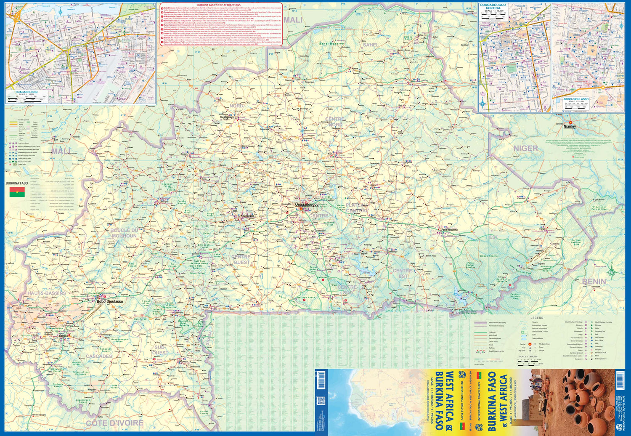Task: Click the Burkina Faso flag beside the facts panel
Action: pyautogui.click(x=17, y=192)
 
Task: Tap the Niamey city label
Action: pyautogui.click(x=570, y=126)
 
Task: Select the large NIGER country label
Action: pyautogui.click(x=525, y=148)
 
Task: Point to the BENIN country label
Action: pyautogui.click(x=594, y=281)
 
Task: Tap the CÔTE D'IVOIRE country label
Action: pyautogui.click(x=114, y=423)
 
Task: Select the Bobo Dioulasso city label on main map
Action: pyautogui.click(x=110, y=301)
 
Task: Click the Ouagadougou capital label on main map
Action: pyautogui.click(x=307, y=205)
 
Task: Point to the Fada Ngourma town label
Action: pyautogui.click(x=449, y=230)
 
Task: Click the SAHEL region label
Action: pyautogui.click(x=371, y=45)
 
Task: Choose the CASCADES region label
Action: pyautogui.click(x=99, y=356)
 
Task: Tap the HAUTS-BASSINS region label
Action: pyautogui.click(x=47, y=293)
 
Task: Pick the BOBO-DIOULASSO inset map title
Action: pyautogui.click(x=576, y=99)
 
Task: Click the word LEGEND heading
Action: pyautogui.click(x=537, y=318)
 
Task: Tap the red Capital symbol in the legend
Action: pyautogui.click(x=530, y=344)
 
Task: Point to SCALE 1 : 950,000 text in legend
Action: pyautogui.click(x=528, y=356)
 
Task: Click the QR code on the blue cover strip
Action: pyautogui.click(x=321, y=401)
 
